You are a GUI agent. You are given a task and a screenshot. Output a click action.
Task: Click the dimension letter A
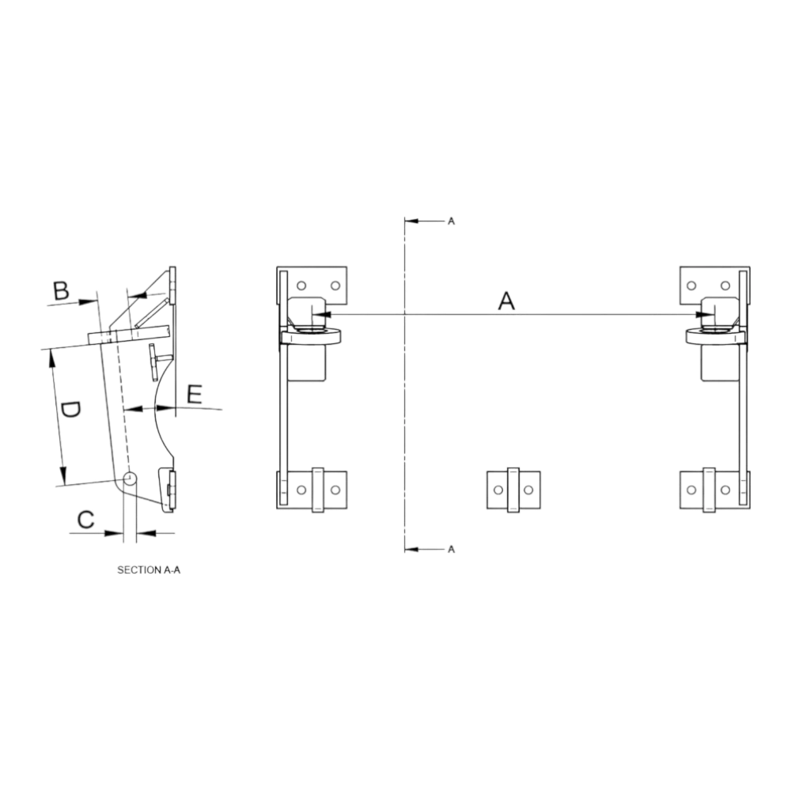(x=506, y=301)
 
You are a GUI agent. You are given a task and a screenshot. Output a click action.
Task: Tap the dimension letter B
(x=61, y=291)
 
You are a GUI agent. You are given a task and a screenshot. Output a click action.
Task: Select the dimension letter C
(x=85, y=519)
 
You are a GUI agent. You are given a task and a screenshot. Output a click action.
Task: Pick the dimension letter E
(x=195, y=394)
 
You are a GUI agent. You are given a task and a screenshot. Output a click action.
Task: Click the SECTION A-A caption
(x=149, y=570)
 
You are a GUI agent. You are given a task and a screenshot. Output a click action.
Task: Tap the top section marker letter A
(x=452, y=221)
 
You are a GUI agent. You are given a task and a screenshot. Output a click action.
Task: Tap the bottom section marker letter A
(x=452, y=549)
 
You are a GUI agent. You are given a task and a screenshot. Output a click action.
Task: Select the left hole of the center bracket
(x=498, y=490)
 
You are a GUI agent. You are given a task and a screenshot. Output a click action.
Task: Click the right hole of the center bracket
(x=528, y=490)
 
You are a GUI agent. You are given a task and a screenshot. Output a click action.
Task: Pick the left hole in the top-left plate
(x=301, y=286)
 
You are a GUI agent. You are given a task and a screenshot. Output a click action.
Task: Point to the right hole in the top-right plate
(x=725, y=286)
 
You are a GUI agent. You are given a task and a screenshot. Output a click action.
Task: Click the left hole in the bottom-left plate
(x=301, y=490)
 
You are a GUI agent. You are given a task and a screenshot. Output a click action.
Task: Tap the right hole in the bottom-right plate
(x=725, y=490)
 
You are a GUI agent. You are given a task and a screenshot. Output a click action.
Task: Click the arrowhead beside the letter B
(x=88, y=301)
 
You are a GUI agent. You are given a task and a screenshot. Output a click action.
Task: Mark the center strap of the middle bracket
(x=513, y=490)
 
